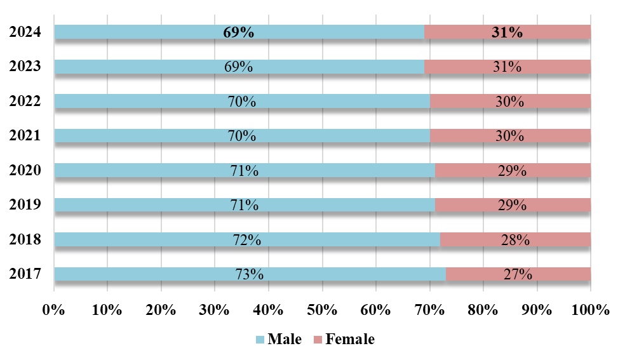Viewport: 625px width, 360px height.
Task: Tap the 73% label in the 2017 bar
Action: pos(249,274)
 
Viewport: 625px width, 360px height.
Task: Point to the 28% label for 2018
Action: pos(515,240)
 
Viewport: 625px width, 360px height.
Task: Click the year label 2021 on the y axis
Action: pos(25,135)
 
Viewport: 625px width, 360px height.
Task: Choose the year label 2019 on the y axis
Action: pos(25,204)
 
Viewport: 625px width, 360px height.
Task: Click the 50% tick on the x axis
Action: pos(322,310)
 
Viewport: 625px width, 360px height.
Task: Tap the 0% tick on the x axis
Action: pos(54,310)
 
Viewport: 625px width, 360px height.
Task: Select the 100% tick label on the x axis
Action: pos(591,310)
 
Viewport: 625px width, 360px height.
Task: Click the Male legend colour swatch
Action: pos(259,340)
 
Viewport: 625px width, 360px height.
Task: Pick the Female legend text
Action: pos(350,340)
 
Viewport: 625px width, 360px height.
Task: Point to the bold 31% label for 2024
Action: pos(507,33)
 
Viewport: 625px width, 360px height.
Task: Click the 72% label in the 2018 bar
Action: pos(246,240)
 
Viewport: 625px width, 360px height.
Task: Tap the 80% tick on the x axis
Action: pos(483,310)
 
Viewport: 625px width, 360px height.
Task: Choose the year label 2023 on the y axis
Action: pos(25,67)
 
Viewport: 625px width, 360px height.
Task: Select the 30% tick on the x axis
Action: pos(215,310)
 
